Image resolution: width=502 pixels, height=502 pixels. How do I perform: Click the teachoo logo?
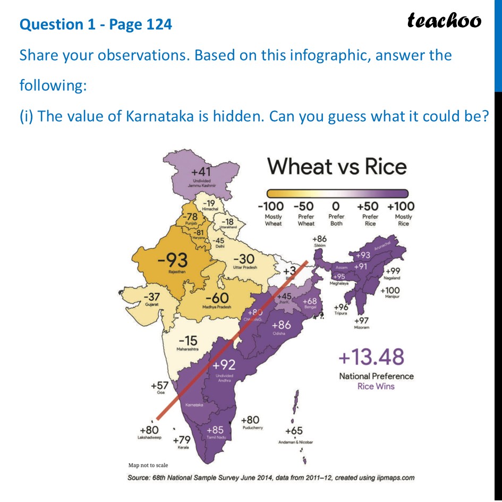(x=444, y=20)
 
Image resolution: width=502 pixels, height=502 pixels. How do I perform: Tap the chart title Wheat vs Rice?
(x=337, y=166)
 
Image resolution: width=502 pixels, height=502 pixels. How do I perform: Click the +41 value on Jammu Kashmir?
(x=202, y=172)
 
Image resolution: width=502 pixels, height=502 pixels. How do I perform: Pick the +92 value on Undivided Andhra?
(x=224, y=365)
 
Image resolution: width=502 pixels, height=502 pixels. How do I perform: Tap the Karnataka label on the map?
(x=194, y=405)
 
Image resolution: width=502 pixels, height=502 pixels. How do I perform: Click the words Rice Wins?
(x=376, y=386)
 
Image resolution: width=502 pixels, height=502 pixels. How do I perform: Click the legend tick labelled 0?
(x=336, y=206)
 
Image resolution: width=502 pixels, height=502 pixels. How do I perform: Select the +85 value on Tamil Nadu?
(x=215, y=429)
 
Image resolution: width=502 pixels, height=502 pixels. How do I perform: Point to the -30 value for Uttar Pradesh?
(x=245, y=259)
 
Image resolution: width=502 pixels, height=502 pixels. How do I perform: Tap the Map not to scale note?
(x=148, y=465)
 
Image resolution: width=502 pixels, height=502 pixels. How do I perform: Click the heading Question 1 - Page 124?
(x=96, y=24)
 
